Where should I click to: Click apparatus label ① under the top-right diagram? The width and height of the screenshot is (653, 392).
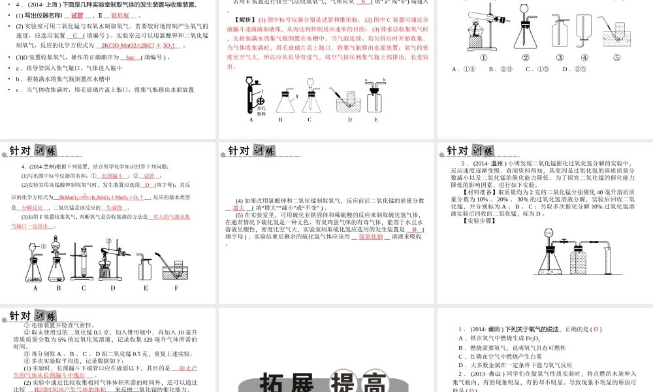(x=484, y=57)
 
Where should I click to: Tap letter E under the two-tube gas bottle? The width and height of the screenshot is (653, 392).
(x=375, y=120)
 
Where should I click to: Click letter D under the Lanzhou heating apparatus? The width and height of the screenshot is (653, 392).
(x=113, y=287)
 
